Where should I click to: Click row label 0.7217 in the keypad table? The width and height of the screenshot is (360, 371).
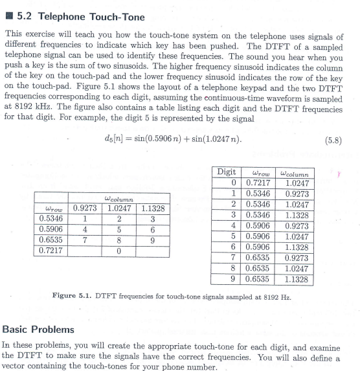tap(52, 250)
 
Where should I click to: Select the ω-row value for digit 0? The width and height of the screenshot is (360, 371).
tap(260, 183)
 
